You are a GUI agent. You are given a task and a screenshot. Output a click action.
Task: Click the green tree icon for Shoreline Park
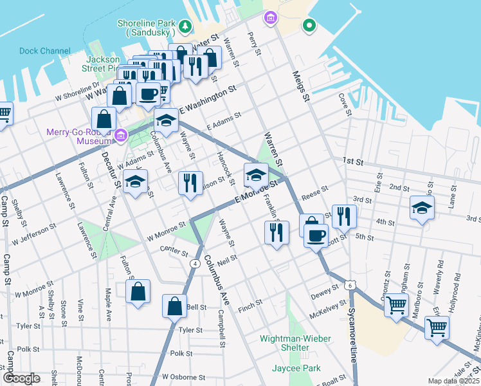point(185,26)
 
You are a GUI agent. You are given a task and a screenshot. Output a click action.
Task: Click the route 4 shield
point(194,263)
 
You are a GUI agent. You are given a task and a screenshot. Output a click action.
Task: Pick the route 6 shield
point(349,284)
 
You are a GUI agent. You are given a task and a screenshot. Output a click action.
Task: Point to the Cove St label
point(345,105)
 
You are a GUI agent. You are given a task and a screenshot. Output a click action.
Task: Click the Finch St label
point(250,302)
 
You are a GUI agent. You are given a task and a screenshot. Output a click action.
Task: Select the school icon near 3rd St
point(422,208)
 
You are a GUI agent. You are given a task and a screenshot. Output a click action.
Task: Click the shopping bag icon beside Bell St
point(175,306)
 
